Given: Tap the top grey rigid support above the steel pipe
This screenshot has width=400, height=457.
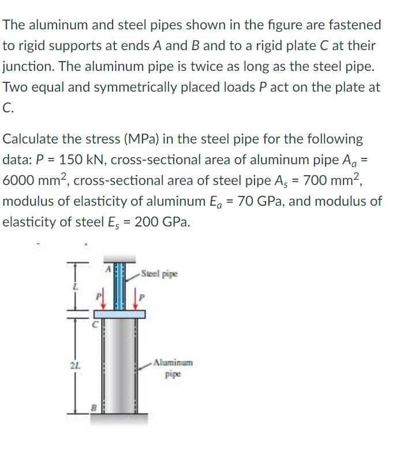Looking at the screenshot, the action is pyautogui.click(x=119, y=258).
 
